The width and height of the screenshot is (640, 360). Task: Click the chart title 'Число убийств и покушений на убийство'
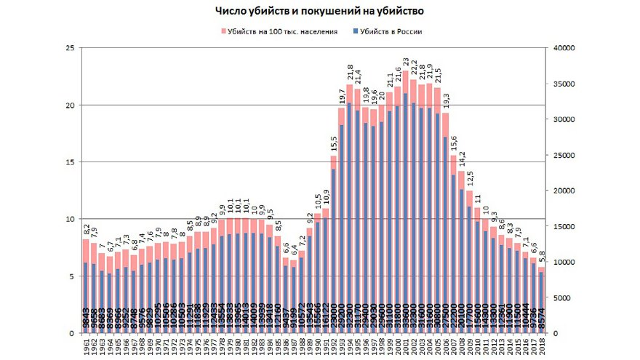click(x=319, y=12)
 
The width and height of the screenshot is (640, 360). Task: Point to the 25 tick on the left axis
click(x=70, y=48)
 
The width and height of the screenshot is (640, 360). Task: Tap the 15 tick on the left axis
click(x=70, y=162)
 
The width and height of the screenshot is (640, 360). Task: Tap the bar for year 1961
click(x=86, y=291)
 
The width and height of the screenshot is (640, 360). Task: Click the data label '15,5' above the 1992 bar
click(x=334, y=144)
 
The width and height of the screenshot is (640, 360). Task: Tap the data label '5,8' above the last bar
click(x=541, y=258)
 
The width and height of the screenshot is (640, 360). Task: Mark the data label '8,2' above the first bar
click(x=86, y=230)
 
